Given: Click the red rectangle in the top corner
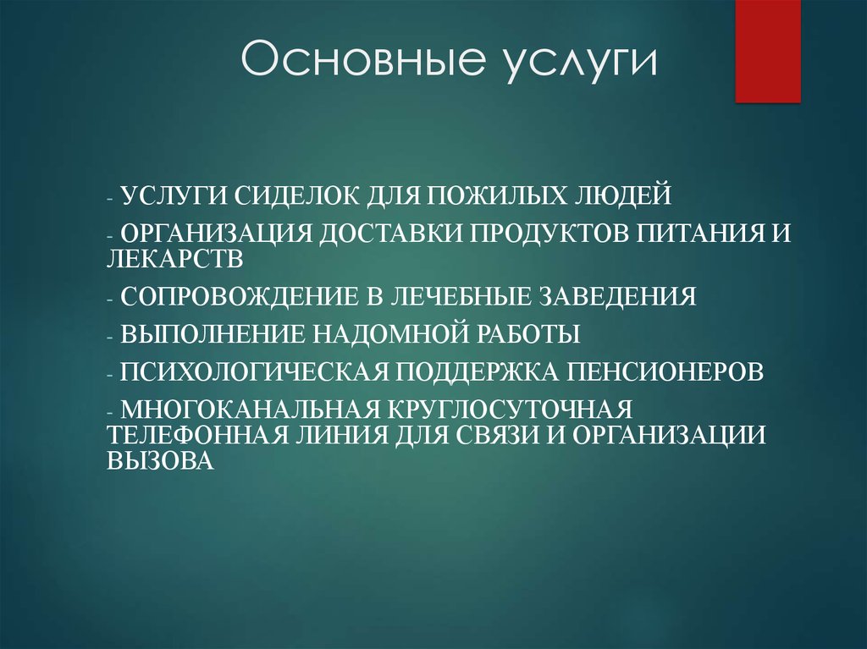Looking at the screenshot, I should click(768, 51).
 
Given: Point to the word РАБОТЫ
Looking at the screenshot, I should click(524, 333).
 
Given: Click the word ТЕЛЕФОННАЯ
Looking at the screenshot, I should click(198, 435).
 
